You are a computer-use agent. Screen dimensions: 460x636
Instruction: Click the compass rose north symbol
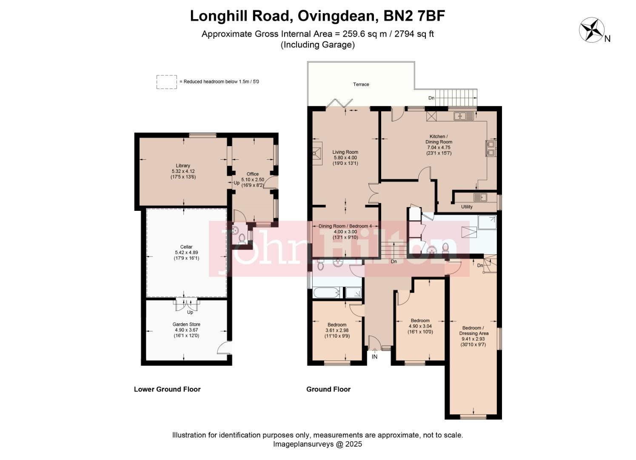click(592, 30)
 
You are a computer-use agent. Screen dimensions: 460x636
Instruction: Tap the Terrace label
click(361, 84)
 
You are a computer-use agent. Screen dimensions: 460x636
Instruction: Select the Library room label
click(183, 166)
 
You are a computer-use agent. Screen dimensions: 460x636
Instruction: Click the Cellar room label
click(186, 247)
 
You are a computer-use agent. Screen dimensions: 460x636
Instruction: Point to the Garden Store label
click(186, 325)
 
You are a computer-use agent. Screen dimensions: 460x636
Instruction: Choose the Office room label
click(253, 174)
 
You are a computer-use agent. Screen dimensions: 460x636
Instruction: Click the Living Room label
click(345, 152)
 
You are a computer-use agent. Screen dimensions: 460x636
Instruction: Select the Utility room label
click(467, 207)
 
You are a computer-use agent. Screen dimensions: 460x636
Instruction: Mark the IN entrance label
click(374, 357)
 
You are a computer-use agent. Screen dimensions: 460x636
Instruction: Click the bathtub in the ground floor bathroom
click(327, 293)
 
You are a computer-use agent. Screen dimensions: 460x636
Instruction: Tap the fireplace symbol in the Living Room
click(317, 153)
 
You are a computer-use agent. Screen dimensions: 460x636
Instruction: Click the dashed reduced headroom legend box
click(166, 82)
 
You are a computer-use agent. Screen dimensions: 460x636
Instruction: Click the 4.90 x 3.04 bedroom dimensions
click(420, 326)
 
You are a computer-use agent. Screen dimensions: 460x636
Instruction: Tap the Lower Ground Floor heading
click(167, 389)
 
